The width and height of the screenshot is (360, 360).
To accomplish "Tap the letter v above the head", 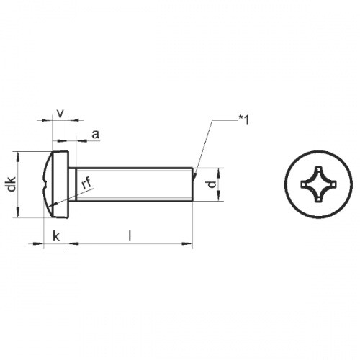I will click(60, 112).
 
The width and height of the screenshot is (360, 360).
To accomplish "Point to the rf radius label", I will click(86, 184).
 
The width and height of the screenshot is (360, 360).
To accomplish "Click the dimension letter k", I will click(56, 235).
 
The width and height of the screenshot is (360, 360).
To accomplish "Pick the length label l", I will click(130, 235).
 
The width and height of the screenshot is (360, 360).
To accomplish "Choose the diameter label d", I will click(210, 185).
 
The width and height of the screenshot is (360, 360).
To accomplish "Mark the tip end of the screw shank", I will click(192, 185).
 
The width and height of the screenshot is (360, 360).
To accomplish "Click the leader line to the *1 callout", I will click(204, 144).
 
